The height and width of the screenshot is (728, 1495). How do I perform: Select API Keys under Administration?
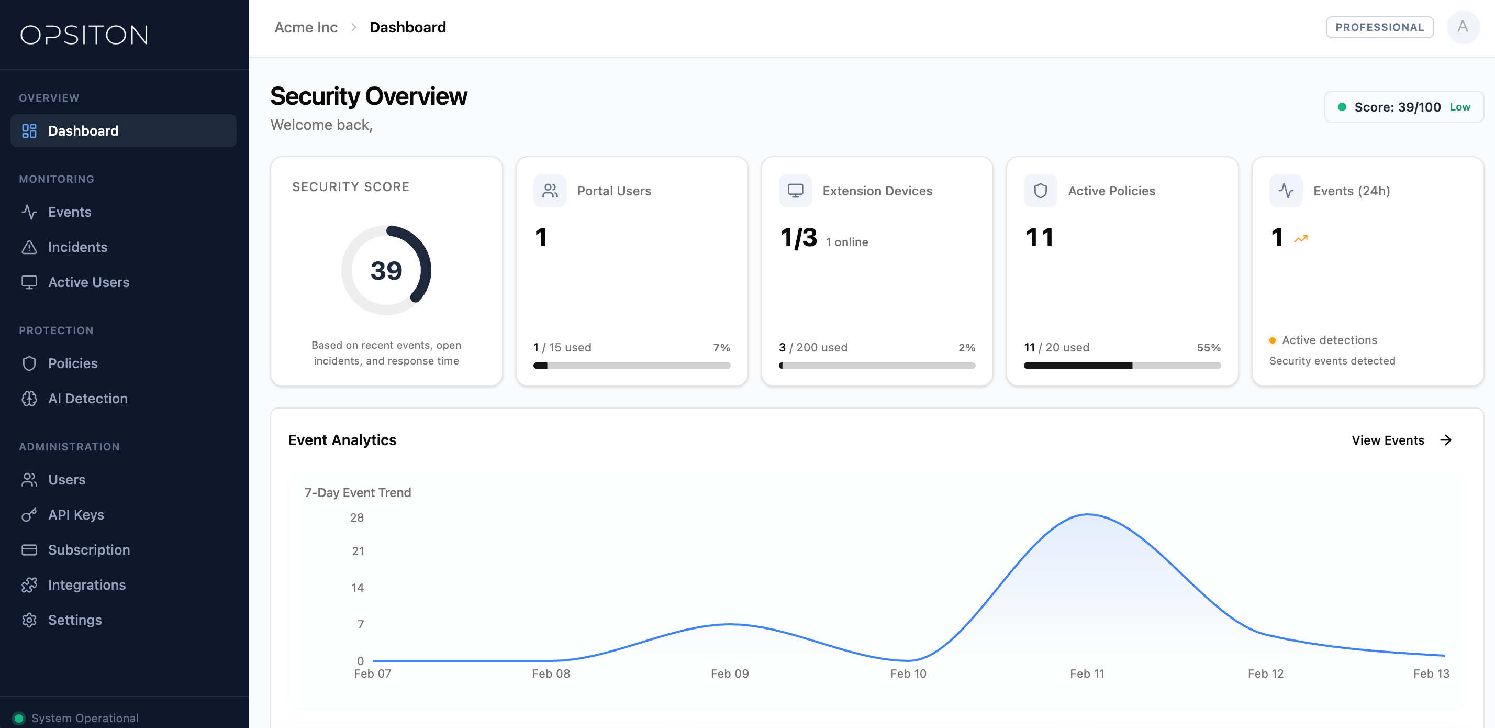[x=76, y=515]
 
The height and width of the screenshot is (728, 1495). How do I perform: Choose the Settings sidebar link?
[x=75, y=620]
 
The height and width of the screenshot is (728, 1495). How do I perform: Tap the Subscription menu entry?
[x=89, y=550]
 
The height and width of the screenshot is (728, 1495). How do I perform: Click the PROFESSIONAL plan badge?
[x=1379, y=27]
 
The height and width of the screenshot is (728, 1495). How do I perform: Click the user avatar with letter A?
[x=1463, y=27]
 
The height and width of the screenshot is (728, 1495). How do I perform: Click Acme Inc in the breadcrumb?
[x=306, y=27]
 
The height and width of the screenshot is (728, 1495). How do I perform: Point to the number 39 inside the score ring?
[x=386, y=271]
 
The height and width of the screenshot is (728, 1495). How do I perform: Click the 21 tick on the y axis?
[x=358, y=551]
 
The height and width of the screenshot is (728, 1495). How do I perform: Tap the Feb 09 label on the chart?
[x=730, y=674]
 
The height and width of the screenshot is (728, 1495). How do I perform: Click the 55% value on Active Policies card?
[x=1208, y=347]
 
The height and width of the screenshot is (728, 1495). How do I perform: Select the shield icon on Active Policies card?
[x=1041, y=191]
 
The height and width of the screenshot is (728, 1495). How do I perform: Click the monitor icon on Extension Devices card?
[x=795, y=191]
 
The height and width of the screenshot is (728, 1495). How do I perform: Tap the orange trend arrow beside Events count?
[x=1301, y=239]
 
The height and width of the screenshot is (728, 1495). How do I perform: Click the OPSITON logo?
[x=84, y=35]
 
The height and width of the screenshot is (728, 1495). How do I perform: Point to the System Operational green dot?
[x=18, y=718]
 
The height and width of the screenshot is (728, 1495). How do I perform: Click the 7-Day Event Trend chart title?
[x=358, y=492]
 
